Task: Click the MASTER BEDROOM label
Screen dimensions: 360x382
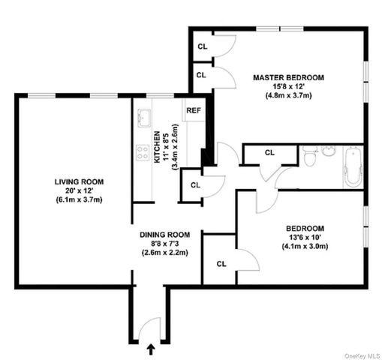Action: tap(287, 77)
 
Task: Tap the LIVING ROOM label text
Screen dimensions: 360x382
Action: tap(78, 181)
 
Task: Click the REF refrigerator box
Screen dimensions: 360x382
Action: tap(194, 111)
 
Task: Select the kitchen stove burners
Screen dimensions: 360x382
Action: tap(141, 154)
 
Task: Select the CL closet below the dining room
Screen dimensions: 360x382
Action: tap(221, 263)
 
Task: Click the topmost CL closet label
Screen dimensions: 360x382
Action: tap(202, 46)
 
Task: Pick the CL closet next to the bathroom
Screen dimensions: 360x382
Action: tap(269, 152)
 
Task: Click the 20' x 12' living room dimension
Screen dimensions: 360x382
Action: tap(78, 190)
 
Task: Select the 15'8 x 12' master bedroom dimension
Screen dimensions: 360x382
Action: tap(288, 86)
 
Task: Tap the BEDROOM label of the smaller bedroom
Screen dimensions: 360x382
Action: tap(305, 228)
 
